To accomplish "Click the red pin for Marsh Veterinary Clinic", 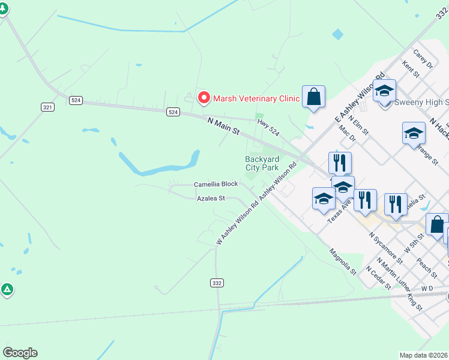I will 204,97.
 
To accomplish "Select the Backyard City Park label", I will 262,163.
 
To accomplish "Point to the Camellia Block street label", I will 215,184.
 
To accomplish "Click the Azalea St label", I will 211,198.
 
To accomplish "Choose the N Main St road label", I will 223,126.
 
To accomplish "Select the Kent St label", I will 411,69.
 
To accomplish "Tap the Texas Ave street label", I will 340,212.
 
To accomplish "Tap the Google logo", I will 20,353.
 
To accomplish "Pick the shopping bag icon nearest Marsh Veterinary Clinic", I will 313,97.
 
